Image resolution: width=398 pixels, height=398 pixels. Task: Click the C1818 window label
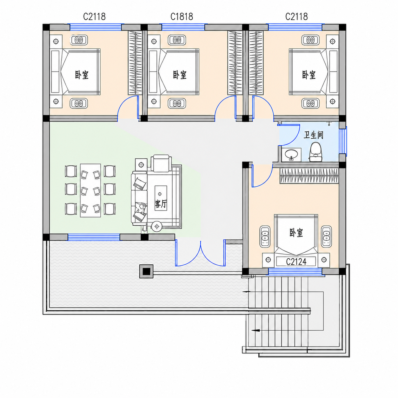182,17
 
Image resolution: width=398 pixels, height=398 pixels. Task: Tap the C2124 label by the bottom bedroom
296,262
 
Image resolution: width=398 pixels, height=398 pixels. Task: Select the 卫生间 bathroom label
313,135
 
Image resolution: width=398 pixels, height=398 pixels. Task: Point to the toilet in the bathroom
315,152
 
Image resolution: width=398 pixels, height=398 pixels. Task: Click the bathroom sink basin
291,154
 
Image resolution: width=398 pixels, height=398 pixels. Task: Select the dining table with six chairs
90,190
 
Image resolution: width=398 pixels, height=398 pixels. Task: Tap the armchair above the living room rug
161,163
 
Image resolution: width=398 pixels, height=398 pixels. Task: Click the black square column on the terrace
146,271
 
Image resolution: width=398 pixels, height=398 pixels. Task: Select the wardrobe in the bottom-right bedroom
309,176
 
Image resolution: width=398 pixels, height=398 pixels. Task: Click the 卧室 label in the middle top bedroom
180,75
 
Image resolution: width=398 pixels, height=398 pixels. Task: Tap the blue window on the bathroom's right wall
343,141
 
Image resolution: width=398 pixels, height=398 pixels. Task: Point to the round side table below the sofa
157,227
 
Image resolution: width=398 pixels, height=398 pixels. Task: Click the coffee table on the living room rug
161,198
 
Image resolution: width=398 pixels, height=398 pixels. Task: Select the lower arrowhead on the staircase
255,336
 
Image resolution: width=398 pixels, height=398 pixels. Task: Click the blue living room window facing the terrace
94,237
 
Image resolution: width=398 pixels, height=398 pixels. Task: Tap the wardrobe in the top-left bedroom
135,63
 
